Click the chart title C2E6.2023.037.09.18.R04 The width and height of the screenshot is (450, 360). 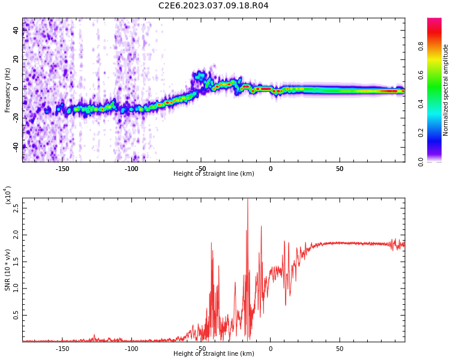213,6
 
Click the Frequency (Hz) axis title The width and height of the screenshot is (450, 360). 8,90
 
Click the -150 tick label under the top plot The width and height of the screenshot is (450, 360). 62,169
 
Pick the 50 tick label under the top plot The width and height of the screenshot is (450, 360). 340,169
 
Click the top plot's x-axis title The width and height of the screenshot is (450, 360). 214,174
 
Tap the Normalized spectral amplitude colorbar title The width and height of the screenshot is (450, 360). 446,90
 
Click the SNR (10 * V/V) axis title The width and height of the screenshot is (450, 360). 8,270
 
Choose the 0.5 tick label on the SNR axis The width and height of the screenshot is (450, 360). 16,315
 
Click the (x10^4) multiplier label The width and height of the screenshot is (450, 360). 8,195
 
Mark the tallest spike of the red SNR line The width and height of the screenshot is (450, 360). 247,200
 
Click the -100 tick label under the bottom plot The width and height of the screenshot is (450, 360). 131,349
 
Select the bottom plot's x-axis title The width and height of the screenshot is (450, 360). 214,354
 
